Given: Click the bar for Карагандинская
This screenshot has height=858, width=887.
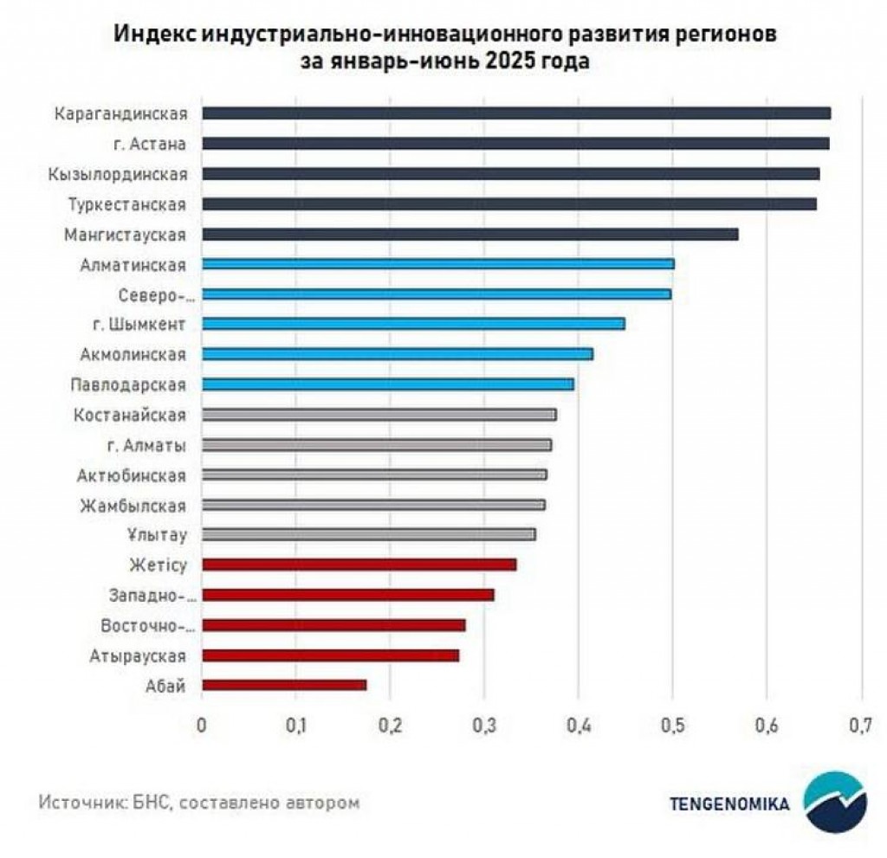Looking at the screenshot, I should [x=515, y=113].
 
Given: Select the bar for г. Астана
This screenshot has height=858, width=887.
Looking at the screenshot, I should [x=515, y=144].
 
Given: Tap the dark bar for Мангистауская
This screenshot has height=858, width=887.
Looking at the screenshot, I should [x=469, y=235].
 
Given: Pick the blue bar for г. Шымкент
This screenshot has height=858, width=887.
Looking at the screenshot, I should [x=412, y=324].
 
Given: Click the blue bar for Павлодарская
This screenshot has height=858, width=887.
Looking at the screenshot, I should [x=387, y=384].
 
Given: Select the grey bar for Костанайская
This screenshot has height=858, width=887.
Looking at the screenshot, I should [x=379, y=415].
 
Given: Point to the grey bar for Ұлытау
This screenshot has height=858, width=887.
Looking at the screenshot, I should [x=368, y=534].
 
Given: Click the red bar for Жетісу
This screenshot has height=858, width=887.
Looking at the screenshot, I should [x=359, y=564].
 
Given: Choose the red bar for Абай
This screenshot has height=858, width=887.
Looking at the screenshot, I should [x=283, y=685].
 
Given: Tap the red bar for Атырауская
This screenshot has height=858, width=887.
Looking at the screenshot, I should [x=330, y=655].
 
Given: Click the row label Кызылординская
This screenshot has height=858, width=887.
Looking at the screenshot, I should [x=119, y=174].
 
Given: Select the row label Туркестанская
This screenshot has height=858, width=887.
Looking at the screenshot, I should [x=127, y=204].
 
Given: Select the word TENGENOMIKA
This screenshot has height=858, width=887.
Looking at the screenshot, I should [x=729, y=803].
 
